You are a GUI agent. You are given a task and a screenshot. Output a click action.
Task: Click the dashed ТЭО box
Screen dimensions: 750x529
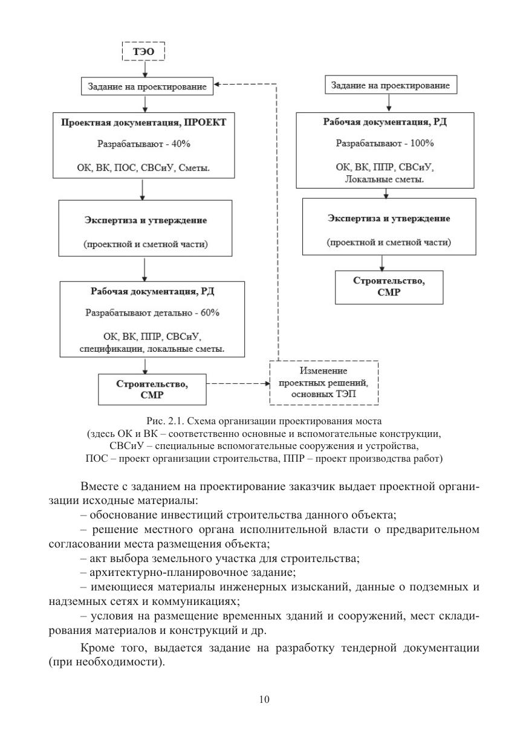tap(143, 52)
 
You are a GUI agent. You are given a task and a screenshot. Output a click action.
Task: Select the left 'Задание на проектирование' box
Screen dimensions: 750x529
tap(144, 86)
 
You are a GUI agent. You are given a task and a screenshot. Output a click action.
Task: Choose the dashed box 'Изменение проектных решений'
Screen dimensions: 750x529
tap(323, 383)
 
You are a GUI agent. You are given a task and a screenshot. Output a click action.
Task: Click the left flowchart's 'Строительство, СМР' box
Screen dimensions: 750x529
tap(152, 389)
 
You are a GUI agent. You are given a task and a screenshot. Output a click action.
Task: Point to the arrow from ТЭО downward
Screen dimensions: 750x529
tap(144, 69)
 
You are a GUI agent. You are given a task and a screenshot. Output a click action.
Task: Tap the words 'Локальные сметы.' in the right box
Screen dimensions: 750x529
tap(385, 179)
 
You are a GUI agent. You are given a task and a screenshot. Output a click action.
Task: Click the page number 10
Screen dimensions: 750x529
tap(264, 699)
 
